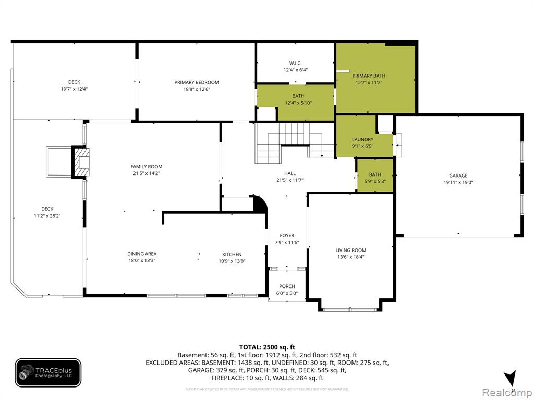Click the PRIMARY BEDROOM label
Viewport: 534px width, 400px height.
197,82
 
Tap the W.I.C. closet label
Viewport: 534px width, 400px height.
295,63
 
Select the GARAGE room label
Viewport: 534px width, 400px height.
458,176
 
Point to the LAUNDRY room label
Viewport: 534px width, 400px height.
362,140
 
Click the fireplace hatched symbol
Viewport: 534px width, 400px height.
81,162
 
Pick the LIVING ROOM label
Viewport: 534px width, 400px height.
351,251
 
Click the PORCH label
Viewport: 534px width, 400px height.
287,286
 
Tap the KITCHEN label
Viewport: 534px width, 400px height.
232,254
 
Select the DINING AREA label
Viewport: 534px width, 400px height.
142,254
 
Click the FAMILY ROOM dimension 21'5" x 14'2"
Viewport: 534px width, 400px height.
147,173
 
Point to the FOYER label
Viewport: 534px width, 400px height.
287,236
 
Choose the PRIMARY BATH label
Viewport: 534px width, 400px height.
369,76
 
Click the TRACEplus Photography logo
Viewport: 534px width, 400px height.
48,373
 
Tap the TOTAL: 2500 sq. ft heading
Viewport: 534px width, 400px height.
267,347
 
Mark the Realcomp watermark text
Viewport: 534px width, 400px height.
507,392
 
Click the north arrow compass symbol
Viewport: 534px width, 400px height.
511,379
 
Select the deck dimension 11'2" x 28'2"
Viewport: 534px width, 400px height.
47,216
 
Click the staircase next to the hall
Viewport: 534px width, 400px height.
295,143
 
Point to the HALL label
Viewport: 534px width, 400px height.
290,173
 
